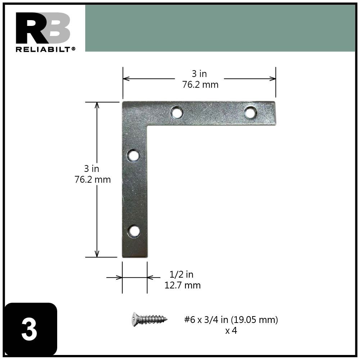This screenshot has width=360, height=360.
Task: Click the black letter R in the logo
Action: coord(28,28)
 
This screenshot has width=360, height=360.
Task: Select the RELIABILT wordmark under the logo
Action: coord(45,49)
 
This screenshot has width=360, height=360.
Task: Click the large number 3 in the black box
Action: coord(29,330)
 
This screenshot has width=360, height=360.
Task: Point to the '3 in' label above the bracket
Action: coord(199,74)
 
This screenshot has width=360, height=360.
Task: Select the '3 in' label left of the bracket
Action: coord(91,168)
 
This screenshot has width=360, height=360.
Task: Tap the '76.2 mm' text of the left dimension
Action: coord(92,179)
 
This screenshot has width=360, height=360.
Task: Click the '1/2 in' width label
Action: coord(181,274)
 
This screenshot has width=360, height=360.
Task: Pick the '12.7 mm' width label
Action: coord(182,286)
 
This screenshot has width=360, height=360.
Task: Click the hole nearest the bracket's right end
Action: coord(250,113)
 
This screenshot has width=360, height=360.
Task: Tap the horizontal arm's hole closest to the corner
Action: coord(177,113)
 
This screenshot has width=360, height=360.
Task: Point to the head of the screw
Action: coord(135,319)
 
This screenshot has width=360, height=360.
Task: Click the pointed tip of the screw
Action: coord(167,318)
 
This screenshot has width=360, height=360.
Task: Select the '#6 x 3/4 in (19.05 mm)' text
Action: coord(231,320)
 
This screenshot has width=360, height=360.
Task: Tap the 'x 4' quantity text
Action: coord(231,331)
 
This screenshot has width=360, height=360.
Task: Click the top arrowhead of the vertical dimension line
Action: coord(97,105)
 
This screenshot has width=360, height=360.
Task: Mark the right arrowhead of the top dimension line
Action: coord(273,78)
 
